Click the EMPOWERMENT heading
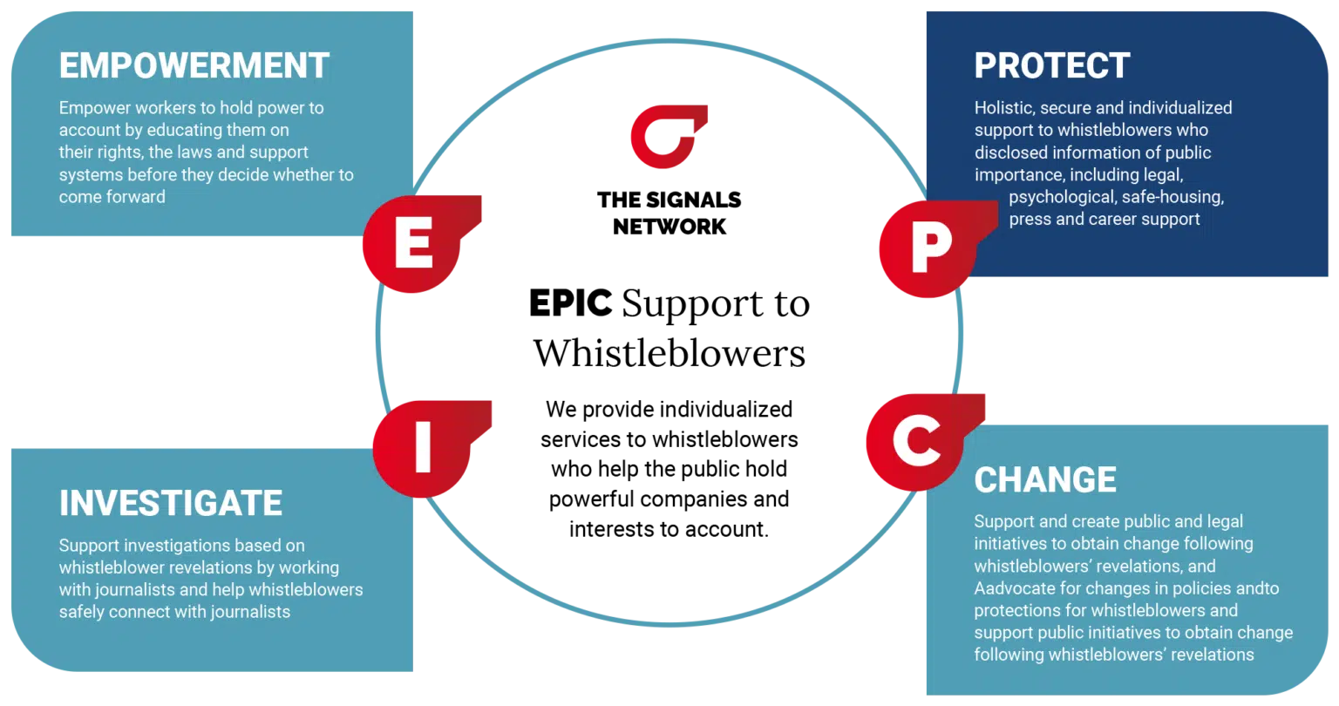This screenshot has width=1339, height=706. (x=194, y=66)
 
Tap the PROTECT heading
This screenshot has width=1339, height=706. (x=1051, y=66)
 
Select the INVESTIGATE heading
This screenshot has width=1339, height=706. (x=171, y=504)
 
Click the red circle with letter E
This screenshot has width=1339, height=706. (x=412, y=247)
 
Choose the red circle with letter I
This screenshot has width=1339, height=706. (x=422, y=447)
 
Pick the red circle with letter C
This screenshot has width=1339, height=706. (x=916, y=442)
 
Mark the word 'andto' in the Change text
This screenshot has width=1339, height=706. (x=1258, y=588)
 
